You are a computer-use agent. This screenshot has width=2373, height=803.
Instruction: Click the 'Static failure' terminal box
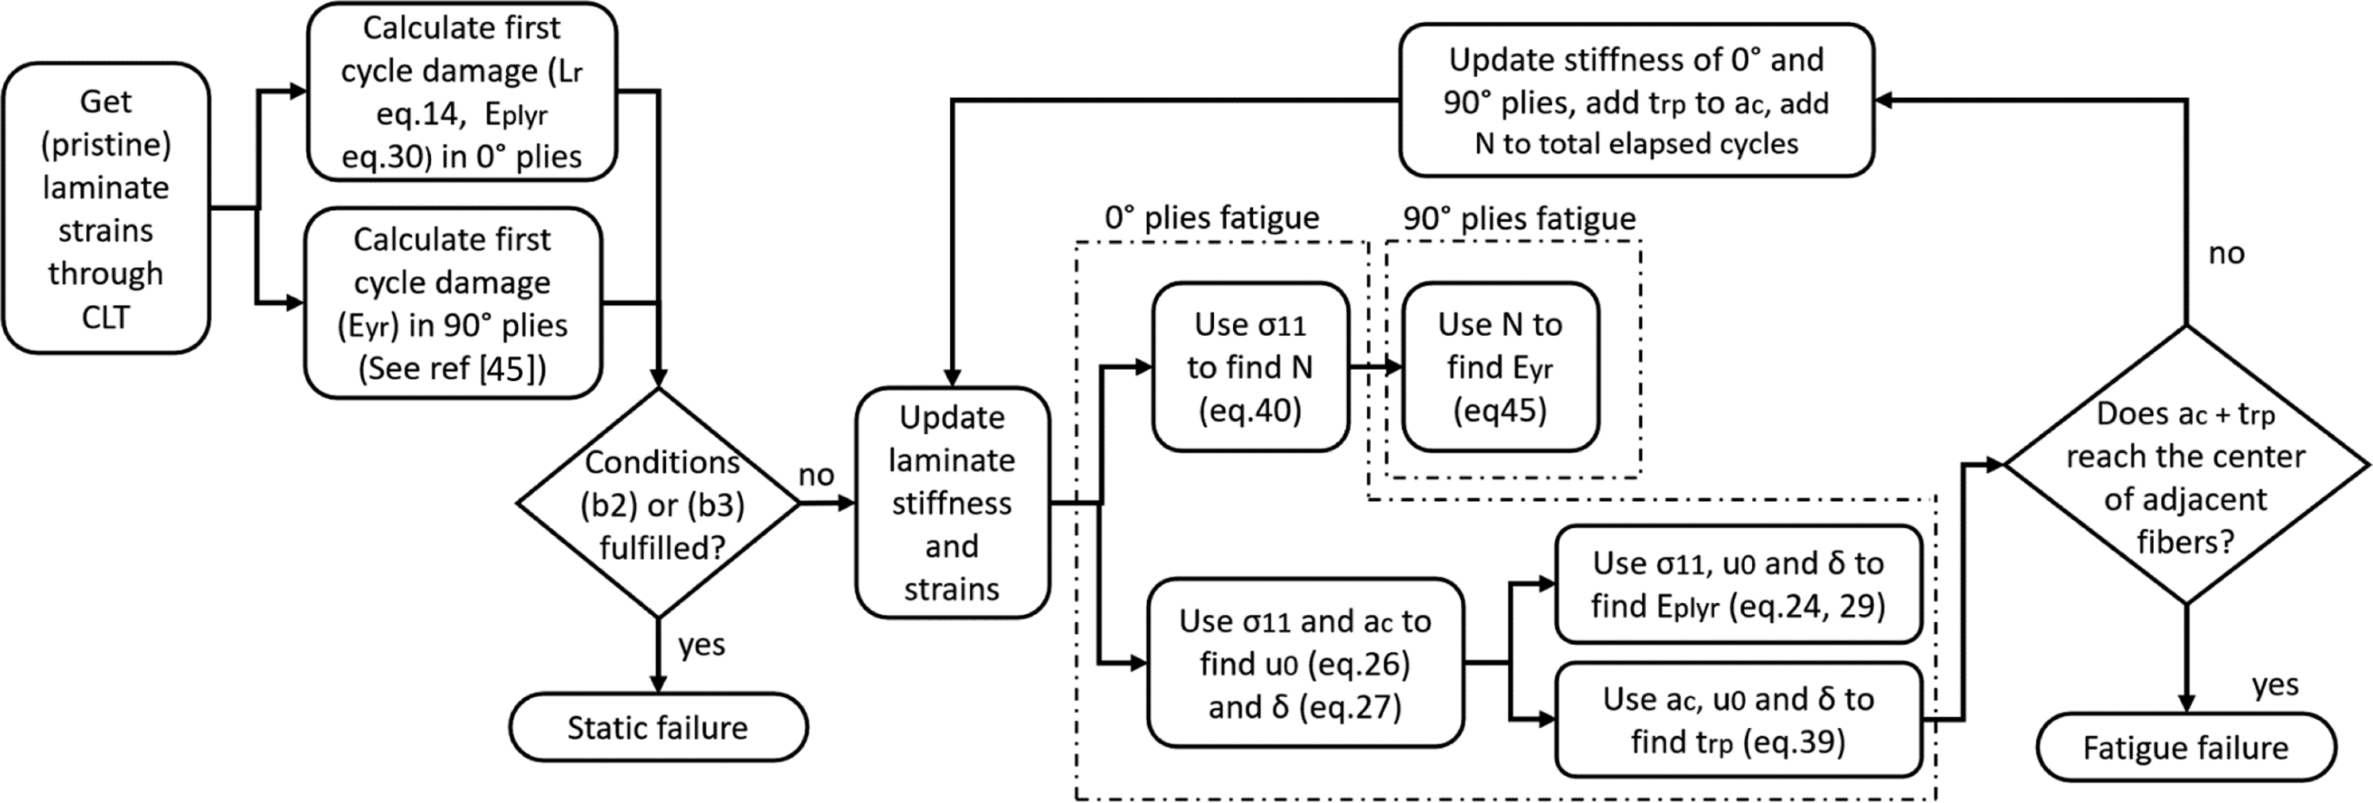pos(659,727)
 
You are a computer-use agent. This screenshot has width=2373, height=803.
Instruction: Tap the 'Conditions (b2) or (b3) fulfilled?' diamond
pos(659,503)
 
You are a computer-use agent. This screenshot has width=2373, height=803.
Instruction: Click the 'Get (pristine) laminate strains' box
pos(106,208)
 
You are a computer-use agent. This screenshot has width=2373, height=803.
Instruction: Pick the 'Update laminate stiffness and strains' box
pos(952,503)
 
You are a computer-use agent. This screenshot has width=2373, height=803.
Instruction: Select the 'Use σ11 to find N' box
pos(1250,367)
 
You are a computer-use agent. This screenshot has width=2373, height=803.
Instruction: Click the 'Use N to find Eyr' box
pos(1501,367)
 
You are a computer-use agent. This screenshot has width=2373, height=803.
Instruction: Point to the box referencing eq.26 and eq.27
pos(1305,663)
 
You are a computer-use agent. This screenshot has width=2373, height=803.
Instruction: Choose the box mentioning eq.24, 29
pos(1739,584)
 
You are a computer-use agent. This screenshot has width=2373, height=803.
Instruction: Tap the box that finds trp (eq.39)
pos(1739,720)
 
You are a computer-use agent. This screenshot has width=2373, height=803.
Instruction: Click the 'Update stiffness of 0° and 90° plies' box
pos(1636,100)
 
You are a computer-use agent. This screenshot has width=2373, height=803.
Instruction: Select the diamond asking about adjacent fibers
pos(2186,465)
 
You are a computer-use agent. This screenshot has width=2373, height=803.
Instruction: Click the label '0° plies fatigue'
pos(1213,218)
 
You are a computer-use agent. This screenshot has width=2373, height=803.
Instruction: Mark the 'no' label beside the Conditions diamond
pos(816,475)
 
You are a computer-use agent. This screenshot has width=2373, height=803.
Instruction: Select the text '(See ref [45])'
pos(452,368)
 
